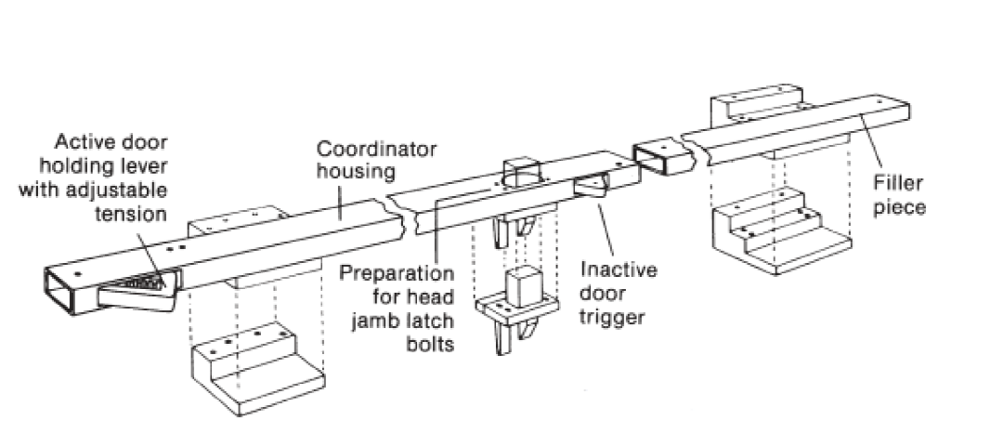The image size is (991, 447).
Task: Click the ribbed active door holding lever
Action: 139,284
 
